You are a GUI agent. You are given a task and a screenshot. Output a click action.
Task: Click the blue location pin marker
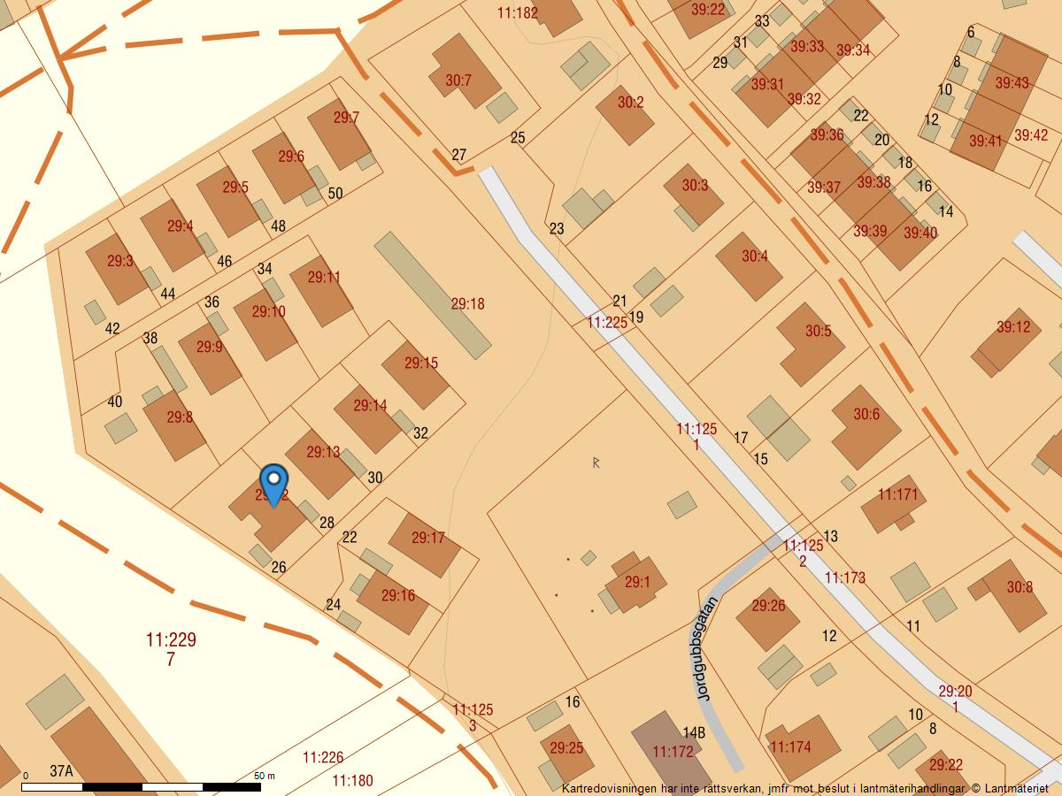pyautogui.click(x=274, y=483)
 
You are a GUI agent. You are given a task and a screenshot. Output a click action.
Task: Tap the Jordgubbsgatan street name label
pyautogui.click(x=705, y=648)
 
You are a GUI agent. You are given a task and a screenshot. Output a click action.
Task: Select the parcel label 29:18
pyautogui.click(x=467, y=303)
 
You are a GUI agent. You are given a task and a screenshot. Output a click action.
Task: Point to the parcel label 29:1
pyautogui.click(x=637, y=582)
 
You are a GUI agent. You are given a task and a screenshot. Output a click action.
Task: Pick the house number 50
pyautogui.click(x=335, y=193)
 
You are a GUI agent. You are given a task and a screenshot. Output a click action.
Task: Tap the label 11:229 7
pyautogui.click(x=171, y=648)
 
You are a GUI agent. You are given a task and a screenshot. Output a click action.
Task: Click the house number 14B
pyautogui.click(x=694, y=732)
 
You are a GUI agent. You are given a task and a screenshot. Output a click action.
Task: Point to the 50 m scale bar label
pyautogui.click(x=265, y=776)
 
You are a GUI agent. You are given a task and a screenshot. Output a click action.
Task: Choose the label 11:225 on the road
pyautogui.click(x=607, y=323)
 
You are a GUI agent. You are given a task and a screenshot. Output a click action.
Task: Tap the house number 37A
pyautogui.click(x=61, y=771)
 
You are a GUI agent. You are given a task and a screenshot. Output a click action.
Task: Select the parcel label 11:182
pyautogui.click(x=518, y=12)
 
